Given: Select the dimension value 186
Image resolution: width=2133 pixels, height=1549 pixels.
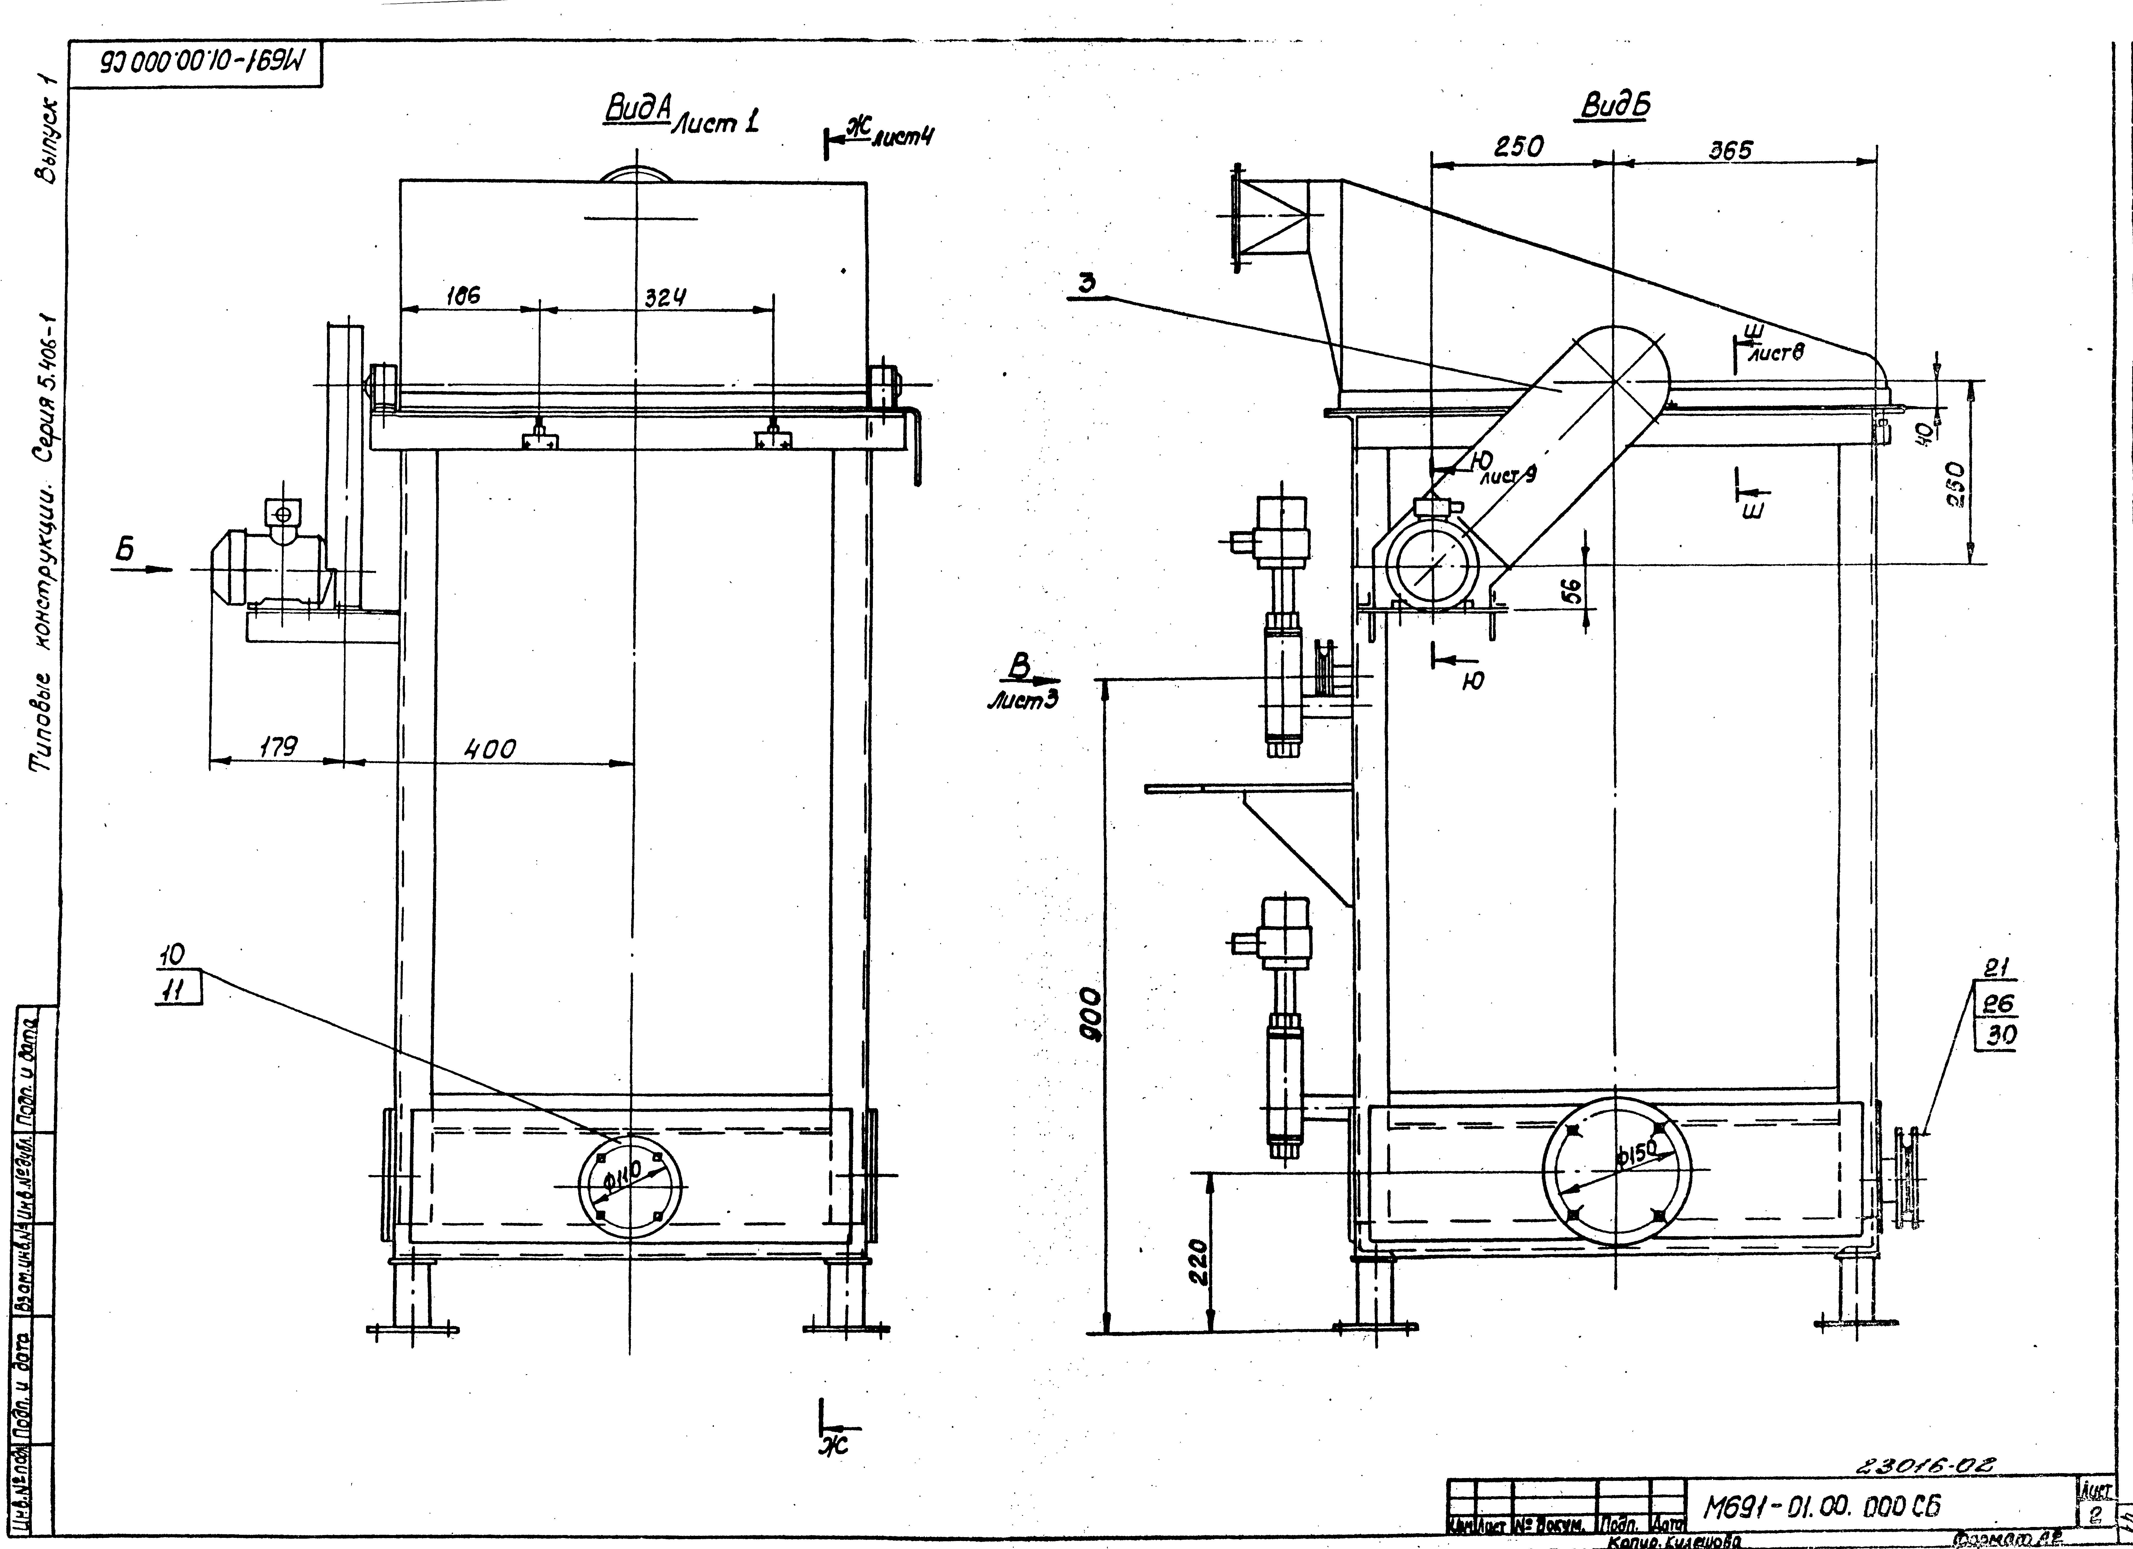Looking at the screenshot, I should click(463, 295).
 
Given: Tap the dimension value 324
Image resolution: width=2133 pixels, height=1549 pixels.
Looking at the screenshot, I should click(665, 297).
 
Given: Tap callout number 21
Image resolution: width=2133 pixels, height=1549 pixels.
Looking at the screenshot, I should click(1996, 968).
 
